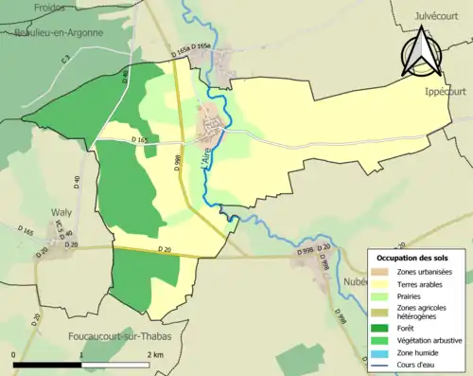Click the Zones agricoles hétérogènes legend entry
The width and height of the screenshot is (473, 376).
coord(423,312)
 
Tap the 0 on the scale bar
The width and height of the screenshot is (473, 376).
coord(14,354)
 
